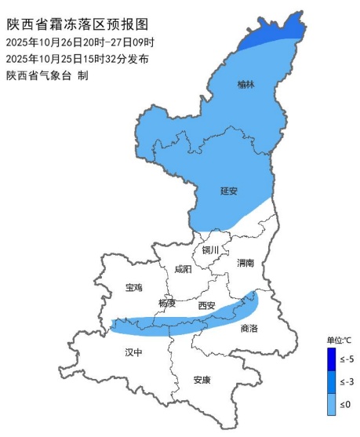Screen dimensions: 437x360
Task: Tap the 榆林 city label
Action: [x=245, y=84]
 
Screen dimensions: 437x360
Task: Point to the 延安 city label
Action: [x=229, y=191]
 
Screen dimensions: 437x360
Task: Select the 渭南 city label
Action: [x=245, y=264]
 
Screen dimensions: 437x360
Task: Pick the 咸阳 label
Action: [x=182, y=269]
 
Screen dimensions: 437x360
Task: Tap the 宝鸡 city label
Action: [x=134, y=288]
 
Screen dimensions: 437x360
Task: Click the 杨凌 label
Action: [x=167, y=303]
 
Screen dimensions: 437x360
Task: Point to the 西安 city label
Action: [x=206, y=305]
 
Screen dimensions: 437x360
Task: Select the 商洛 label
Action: [x=249, y=329]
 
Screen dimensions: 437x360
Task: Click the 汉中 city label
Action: [x=134, y=353]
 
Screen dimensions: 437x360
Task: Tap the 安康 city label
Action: [x=202, y=381]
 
